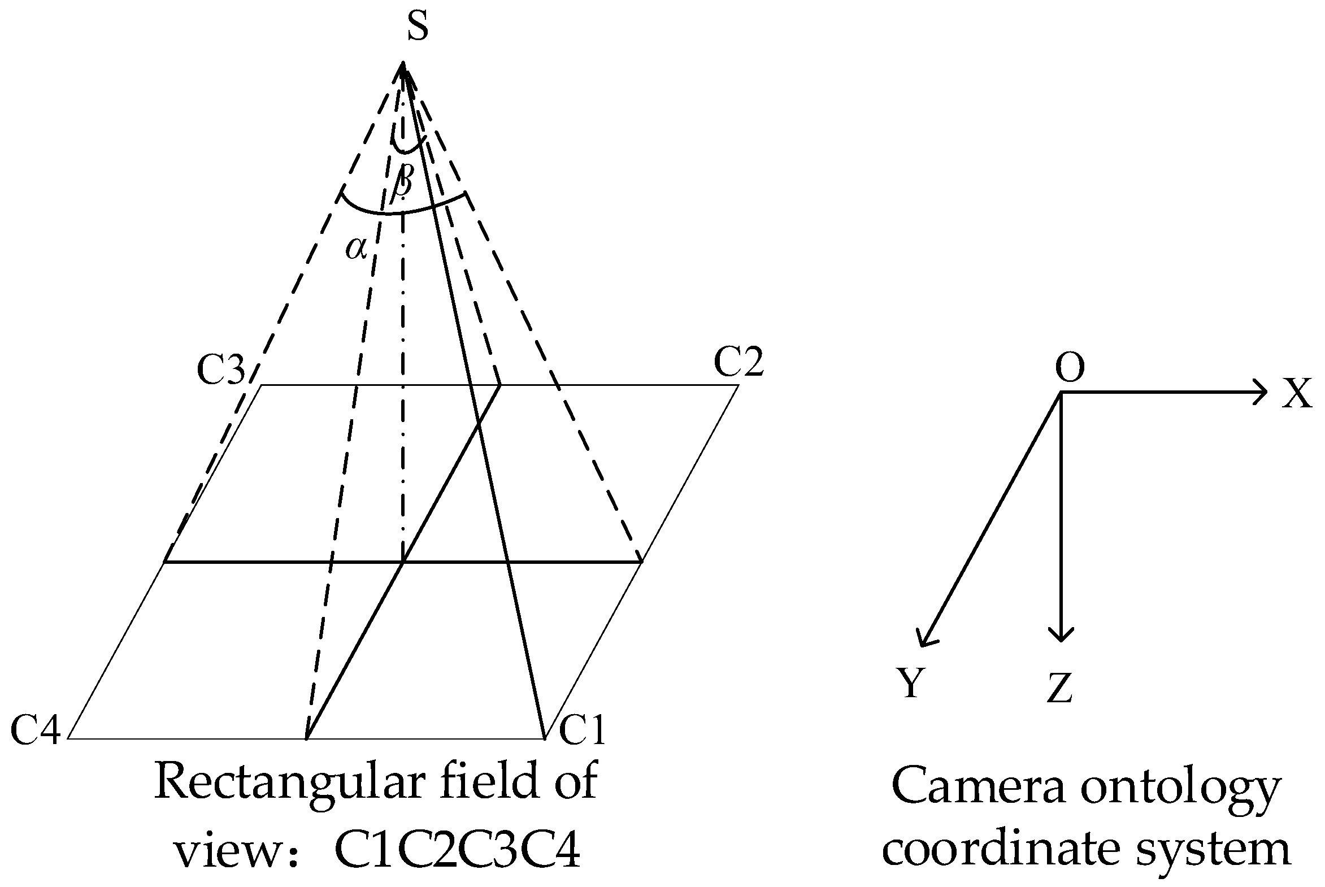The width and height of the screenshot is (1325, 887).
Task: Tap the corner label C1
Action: click(582, 730)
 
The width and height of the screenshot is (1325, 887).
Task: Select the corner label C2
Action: click(738, 362)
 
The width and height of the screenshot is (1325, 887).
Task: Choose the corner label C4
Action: click(36, 730)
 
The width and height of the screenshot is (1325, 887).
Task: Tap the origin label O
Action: click(1070, 368)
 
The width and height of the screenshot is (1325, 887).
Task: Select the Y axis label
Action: click(910, 683)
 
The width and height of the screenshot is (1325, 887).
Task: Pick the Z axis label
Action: click(1059, 689)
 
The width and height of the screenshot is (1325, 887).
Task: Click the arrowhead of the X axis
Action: click(1259, 392)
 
